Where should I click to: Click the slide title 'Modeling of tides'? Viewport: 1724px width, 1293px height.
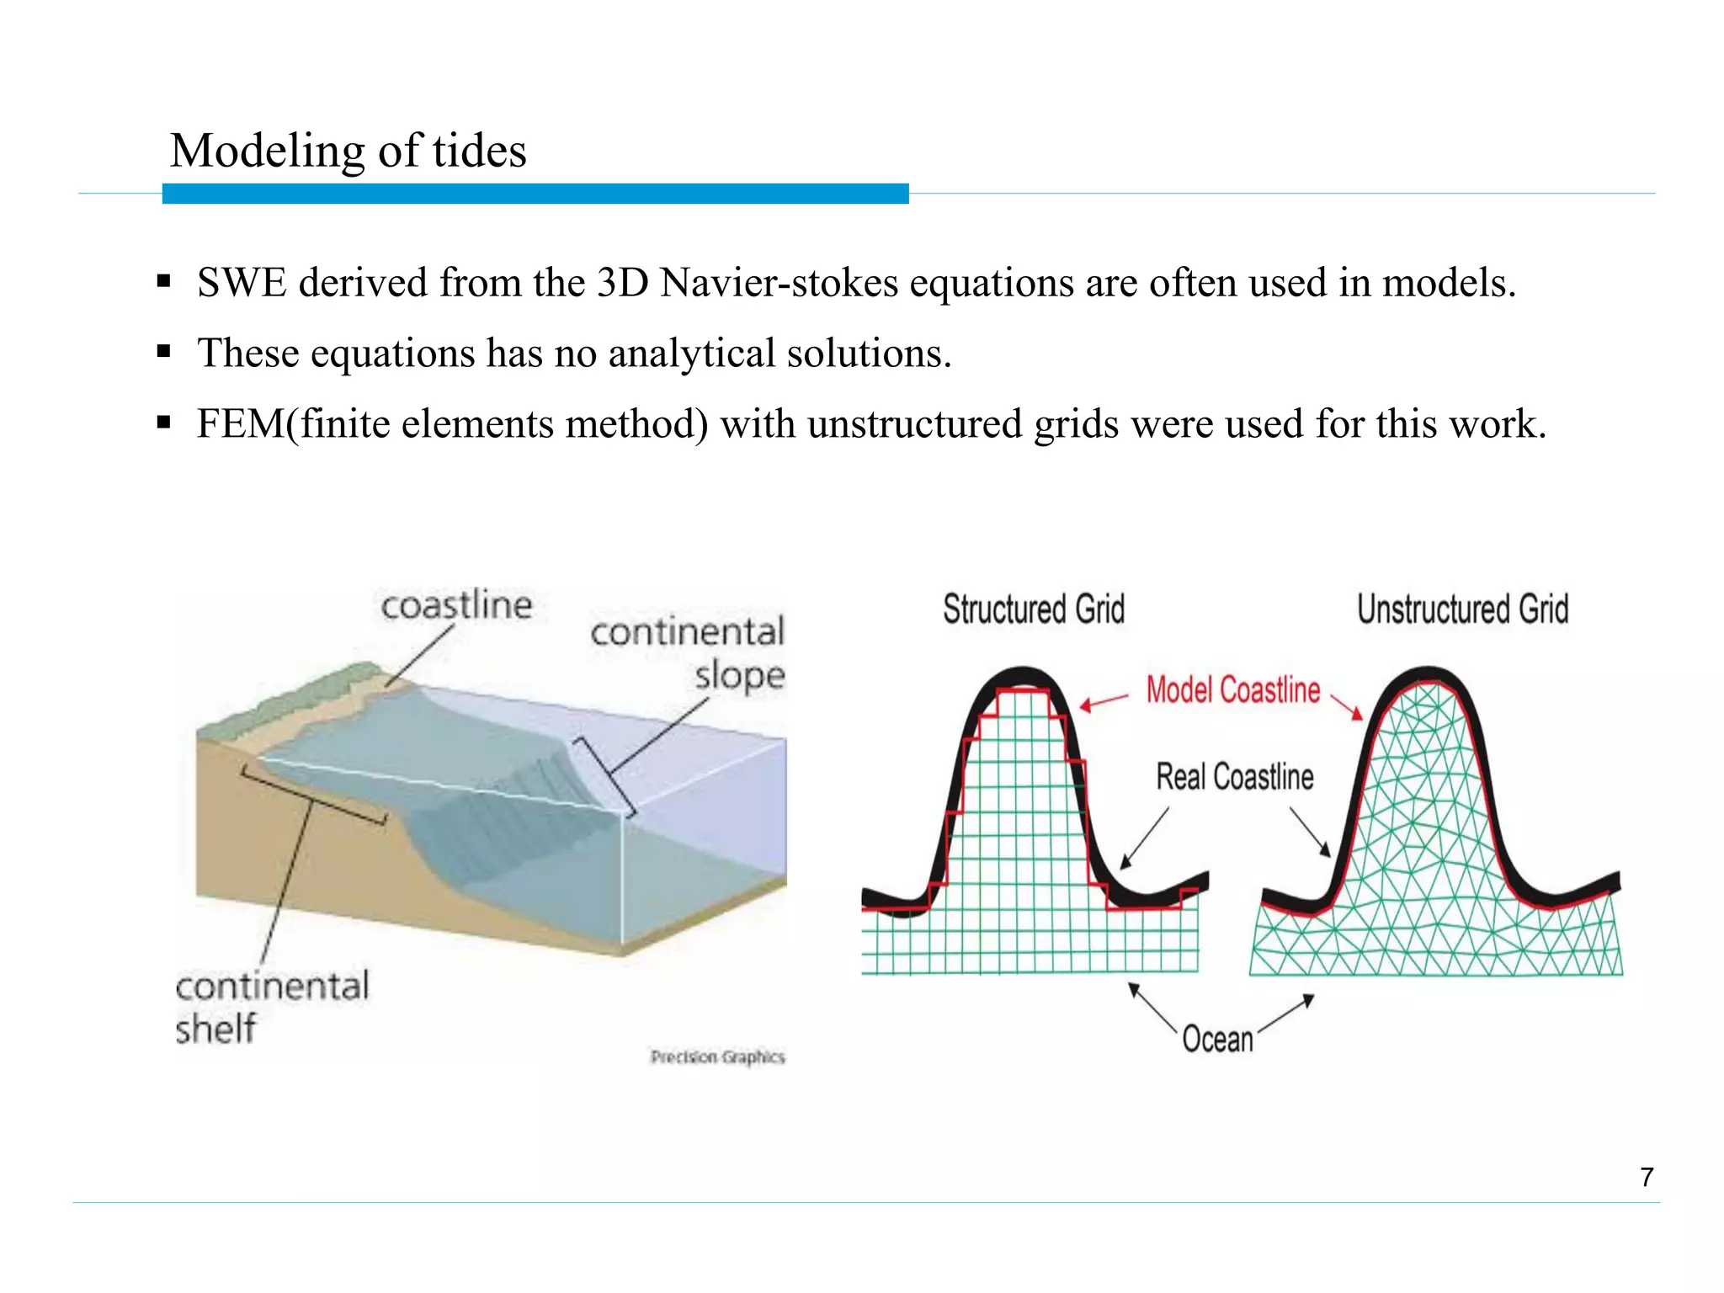pyautogui.click(x=348, y=152)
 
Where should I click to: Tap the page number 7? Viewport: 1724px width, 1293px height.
pyautogui.click(x=1647, y=1177)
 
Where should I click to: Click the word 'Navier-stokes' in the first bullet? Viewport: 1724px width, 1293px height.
pyautogui.click(x=780, y=283)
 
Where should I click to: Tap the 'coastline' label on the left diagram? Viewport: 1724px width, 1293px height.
pyautogui.click(x=456, y=606)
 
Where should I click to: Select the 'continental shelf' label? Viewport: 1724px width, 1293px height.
pyautogui.click(x=271, y=1007)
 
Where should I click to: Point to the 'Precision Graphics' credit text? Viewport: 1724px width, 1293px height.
pyautogui.click(x=717, y=1057)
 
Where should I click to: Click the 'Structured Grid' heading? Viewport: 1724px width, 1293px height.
pyautogui.click(x=1034, y=609)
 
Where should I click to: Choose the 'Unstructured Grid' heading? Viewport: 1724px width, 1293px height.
pyautogui.click(x=1463, y=609)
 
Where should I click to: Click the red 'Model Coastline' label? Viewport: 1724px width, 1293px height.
pyautogui.click(x=1233, y=690)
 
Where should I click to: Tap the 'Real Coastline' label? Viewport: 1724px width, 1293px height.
pyautogui.click(x=1235, y=777)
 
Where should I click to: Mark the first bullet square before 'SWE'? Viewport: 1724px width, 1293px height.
pyautogui.click(x=164, y=281)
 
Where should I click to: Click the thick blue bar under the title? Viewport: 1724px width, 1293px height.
pyautogui.click(x=535, y=194)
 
